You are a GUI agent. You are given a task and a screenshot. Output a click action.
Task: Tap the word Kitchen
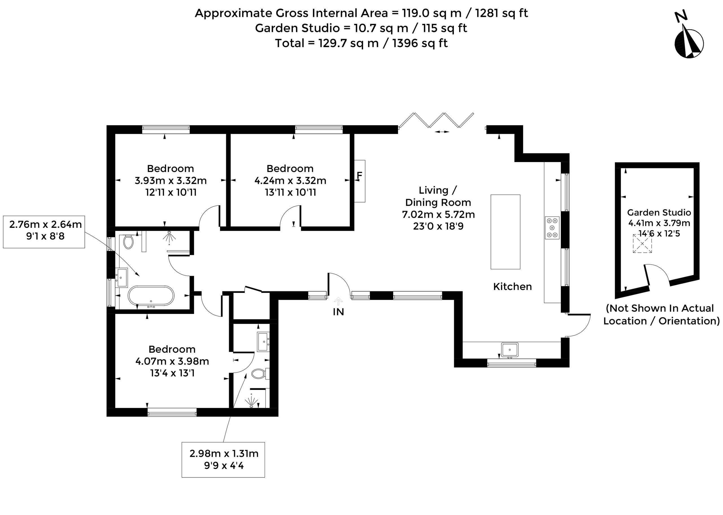[512, 287]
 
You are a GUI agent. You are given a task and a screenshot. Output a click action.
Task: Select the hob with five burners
[552, 228]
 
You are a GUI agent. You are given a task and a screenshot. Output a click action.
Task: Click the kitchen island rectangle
[506, 232]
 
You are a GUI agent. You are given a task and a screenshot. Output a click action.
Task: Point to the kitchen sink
[509, 350]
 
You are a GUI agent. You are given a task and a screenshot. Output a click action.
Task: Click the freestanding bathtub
[151, 296]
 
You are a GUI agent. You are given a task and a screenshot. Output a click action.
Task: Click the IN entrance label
[338, 312]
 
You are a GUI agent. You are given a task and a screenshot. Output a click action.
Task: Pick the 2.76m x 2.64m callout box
[44, 232]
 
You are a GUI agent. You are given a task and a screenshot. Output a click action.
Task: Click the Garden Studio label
[659, 213]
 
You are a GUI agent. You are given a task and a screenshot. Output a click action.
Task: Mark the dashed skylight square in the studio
[643, 244]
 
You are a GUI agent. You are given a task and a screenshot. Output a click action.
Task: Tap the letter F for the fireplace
[359, 175]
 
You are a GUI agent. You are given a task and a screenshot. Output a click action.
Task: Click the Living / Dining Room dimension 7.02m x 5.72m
[439, 215]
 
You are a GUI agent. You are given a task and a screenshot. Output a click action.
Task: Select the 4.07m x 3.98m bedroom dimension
[172, 361]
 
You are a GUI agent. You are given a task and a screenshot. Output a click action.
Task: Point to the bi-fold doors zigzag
[436, 120]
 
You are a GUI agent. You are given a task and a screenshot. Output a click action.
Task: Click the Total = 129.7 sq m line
[361, 43]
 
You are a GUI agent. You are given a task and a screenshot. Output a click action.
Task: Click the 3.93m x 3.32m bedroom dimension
[171, 181]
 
